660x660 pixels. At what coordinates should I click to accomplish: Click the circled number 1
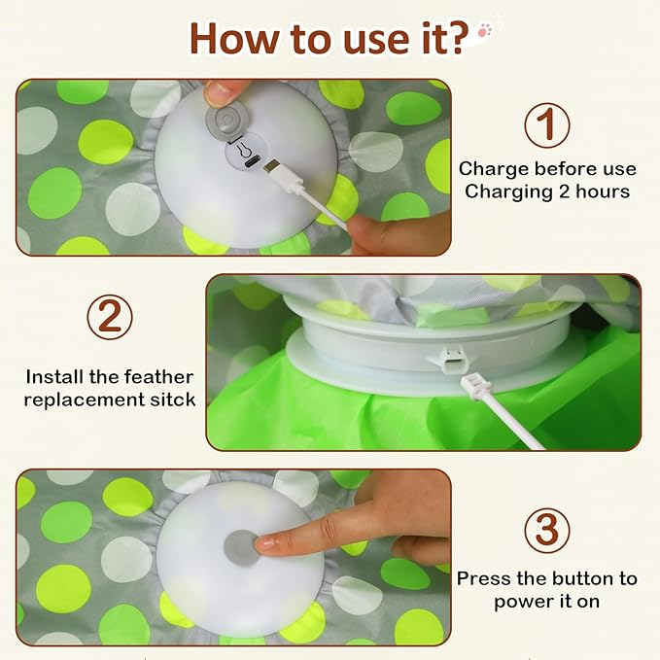pos(546,127)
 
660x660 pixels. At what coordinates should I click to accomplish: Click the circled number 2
pos(109,318)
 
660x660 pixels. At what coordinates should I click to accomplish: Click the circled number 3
pos(546,531)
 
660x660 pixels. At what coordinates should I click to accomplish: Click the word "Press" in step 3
pos(485,578)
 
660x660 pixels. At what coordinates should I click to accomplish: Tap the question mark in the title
pos(458,37)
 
